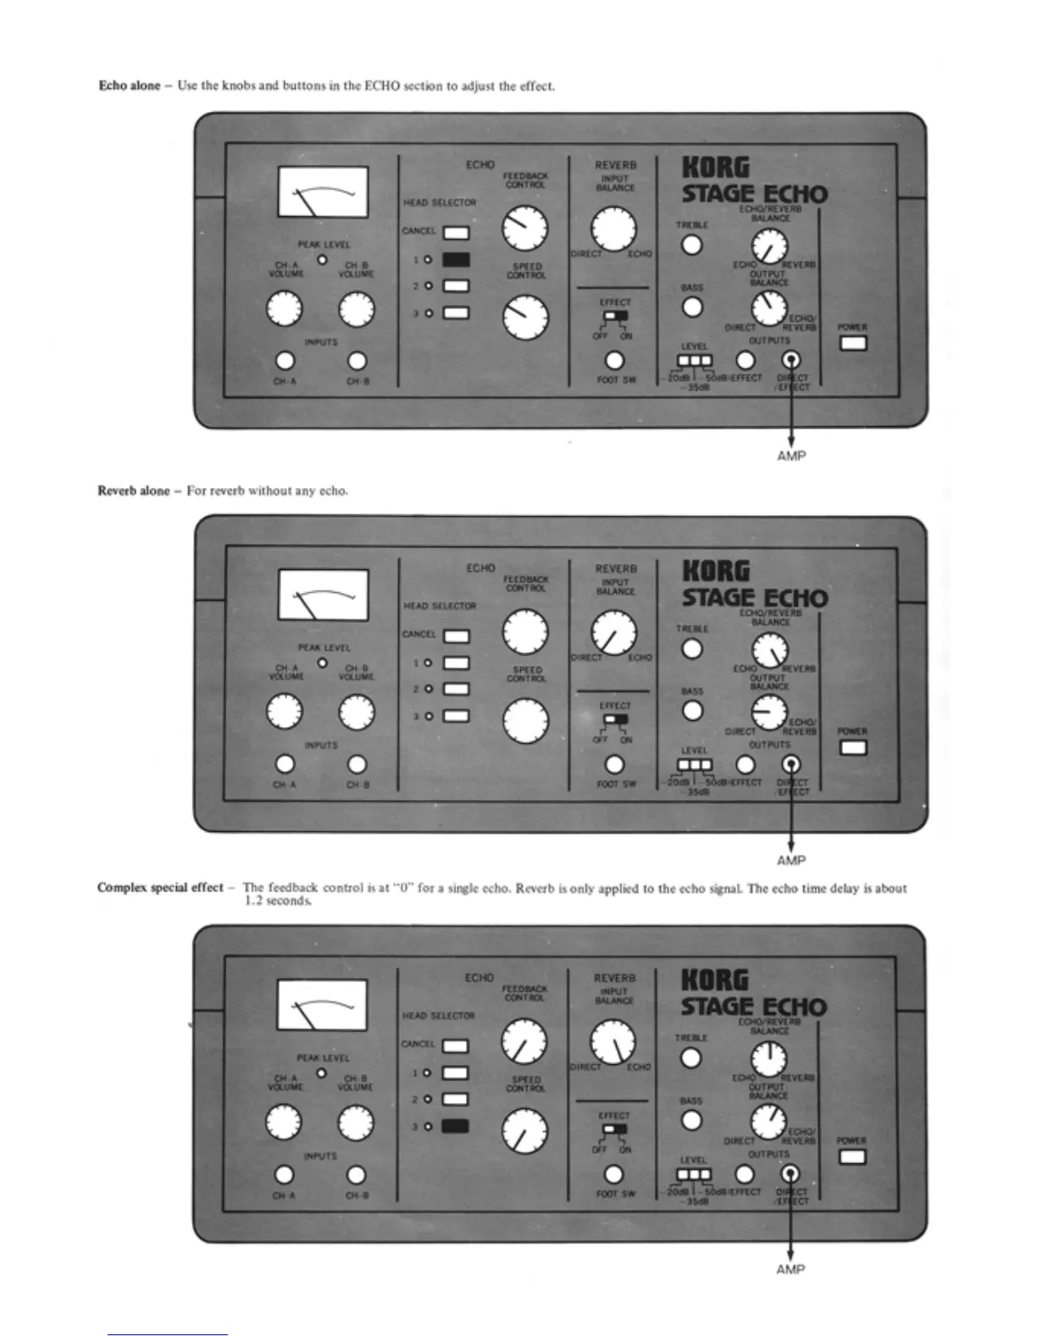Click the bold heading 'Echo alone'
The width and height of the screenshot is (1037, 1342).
click(129, 86)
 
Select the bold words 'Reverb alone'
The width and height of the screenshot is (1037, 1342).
click(133, 491)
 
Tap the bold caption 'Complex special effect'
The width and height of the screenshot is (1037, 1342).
click(160, 888)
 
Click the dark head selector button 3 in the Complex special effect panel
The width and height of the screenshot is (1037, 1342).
click(456, 1126)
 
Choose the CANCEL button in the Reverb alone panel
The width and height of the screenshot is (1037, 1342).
click(456, 636)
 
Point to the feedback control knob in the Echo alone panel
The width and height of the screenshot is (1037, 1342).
click(525, 227)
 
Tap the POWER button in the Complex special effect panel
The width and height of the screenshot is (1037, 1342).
click(852, 1156)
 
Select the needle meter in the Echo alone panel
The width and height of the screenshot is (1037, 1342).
click(323, 192)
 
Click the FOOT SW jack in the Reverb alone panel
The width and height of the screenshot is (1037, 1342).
click(615, 764)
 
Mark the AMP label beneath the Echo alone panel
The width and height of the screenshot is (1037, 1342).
click(791, 456)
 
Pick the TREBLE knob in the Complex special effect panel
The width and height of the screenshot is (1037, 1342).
click(691, 1058)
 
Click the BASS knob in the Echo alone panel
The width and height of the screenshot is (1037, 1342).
click(692, 307)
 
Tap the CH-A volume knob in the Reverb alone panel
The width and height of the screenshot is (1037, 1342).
click(286, 713)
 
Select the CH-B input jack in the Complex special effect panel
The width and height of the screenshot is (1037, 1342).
click(357, 1175)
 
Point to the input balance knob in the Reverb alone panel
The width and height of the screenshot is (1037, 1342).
click(615, 635)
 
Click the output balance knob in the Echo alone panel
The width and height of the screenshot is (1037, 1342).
click(769, 308)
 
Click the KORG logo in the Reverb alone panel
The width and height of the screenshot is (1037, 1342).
click(716, 571)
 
